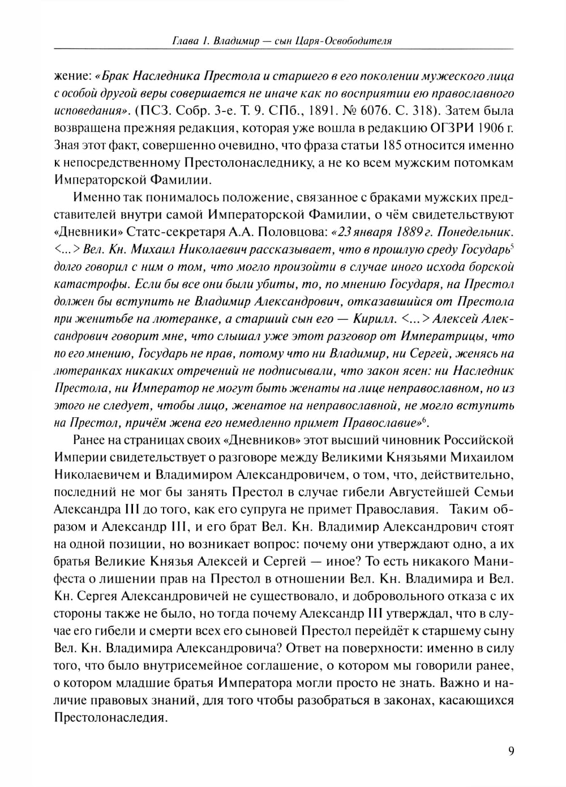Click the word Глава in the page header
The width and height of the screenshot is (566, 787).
coord(186,41)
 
